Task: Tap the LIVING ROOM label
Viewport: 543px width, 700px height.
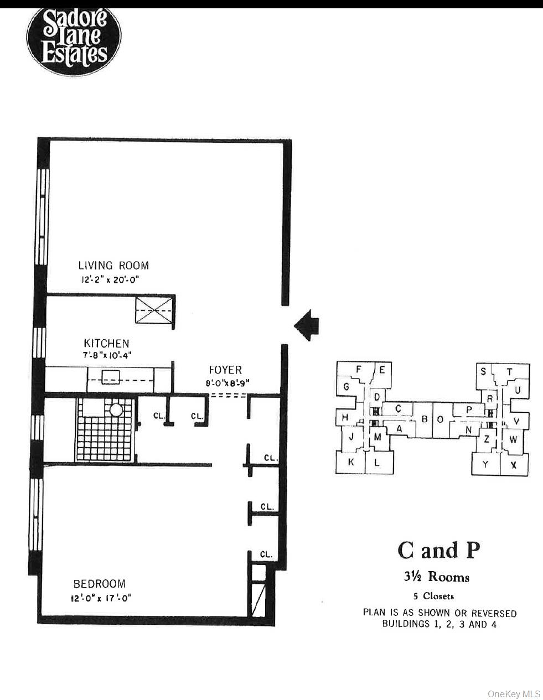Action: tap(113, 266)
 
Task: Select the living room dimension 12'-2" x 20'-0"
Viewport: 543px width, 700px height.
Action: tap(110, 280)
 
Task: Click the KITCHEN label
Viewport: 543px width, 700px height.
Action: tap(106, 343)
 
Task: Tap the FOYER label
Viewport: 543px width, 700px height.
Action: tap(225, 370)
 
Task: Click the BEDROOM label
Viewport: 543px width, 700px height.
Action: tap(100, 584)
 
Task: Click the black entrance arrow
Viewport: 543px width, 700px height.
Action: tap(306, 325)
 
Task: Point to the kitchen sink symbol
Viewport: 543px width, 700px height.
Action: tap(111, 377)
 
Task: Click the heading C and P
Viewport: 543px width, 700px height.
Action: tap(438, 549)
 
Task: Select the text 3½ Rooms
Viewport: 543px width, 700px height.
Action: tap(436, 577)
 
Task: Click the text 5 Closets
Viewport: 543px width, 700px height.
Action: tap(433, 596)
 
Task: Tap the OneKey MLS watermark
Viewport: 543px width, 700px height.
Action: tap(513, 693)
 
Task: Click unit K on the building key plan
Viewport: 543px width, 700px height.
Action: tap(351, 463)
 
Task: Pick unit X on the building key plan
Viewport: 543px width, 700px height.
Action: tap(514, 465)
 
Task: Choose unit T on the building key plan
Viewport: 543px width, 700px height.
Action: tap(510, 371)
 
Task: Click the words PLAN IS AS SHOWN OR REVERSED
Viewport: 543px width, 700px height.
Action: tap(439, 613)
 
